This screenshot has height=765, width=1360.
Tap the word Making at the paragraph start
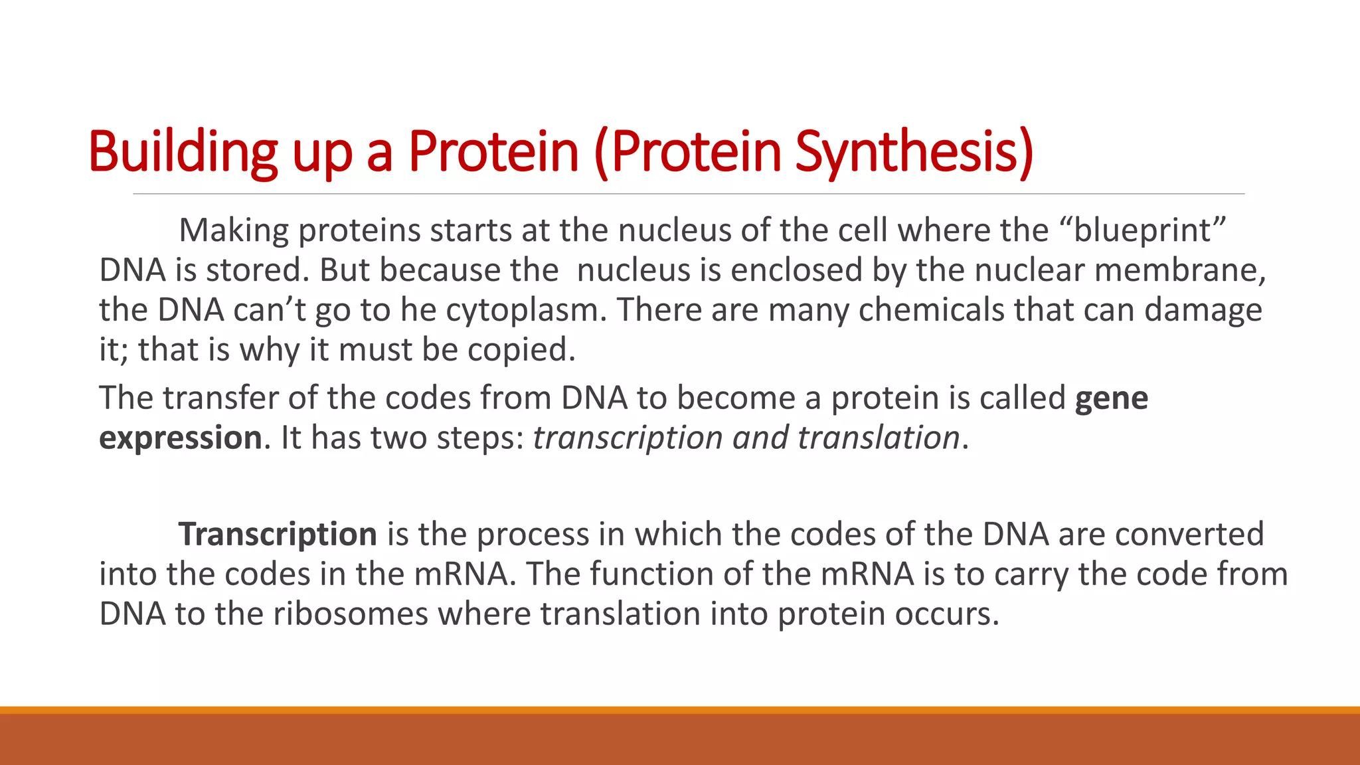pyautogui.click(x=234, y=230)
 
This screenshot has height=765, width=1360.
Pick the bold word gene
pyautogui.click(x=1111, y=398)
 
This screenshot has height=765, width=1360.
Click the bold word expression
pyautogui.click(x=181, y=438)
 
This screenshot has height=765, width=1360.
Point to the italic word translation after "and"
pyautogui.click(x=878, y=438)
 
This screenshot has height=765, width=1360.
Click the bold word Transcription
pyautogui.click(x=278, y=535)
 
